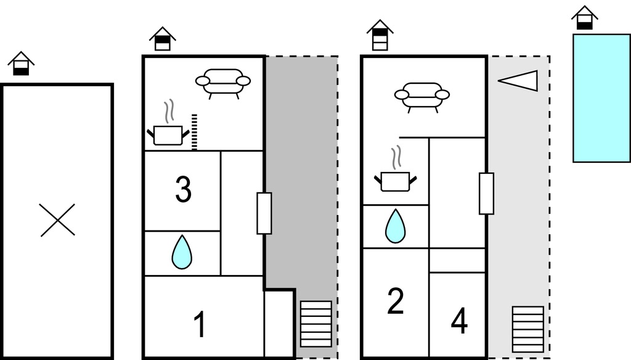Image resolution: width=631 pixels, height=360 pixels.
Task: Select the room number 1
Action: tap(200, 324)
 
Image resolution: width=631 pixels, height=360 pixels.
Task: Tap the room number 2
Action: tap(395, 301)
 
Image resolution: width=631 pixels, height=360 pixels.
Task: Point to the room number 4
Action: tap(459, 321)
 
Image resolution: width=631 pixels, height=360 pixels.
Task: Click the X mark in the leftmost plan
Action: tap(57, 220)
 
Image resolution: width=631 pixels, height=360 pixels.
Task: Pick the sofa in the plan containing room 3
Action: tap(223, 83)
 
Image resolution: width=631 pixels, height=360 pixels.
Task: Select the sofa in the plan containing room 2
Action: tap(421, 97)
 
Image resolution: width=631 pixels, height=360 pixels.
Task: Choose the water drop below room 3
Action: tap(182, 252)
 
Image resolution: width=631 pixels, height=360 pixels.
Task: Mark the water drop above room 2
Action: tap(395, 226)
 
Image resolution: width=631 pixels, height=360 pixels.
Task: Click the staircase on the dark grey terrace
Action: tap(316, 324)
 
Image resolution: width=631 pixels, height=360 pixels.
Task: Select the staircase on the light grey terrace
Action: tap(528, 329)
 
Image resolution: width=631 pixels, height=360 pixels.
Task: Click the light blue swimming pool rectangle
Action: tap(601, 98)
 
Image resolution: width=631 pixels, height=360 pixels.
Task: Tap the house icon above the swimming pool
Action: tap(585, 18)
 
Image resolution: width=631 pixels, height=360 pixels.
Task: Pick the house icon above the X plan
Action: tap(21, 63)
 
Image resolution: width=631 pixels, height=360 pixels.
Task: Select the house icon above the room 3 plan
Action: tap(163, 39)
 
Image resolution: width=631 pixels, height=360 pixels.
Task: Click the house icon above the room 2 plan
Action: tap(380, 35)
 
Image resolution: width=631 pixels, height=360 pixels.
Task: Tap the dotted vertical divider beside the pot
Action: tap(194, 133)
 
